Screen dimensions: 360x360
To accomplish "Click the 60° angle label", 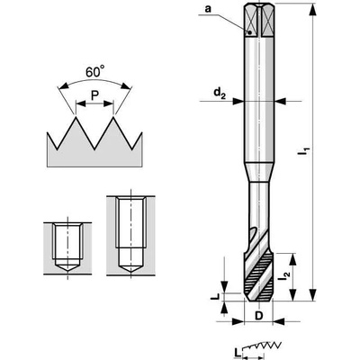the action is [95, 72].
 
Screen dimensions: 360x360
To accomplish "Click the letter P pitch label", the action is [94, 95].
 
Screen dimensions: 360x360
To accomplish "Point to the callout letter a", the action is [208, 9].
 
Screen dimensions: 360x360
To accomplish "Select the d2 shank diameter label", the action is [220, 94].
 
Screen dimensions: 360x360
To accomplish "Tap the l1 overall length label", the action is [303, 150].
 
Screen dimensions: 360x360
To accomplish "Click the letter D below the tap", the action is [258, 316].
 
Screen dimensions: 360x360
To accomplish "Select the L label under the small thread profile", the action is [237, 352].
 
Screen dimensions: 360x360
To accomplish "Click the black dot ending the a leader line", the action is [249, 31].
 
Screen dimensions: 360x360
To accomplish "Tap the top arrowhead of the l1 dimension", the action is [312, 9].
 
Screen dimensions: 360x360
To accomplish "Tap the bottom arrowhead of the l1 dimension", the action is [312, 294].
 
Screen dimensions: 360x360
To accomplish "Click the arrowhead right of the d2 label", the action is [238, 102].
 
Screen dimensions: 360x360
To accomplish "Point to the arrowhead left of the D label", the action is [238, 322].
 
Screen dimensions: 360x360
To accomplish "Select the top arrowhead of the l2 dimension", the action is [292, 259].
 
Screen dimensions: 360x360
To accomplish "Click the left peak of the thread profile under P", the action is [76, 118].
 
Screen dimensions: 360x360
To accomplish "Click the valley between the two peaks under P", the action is [94, 148].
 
